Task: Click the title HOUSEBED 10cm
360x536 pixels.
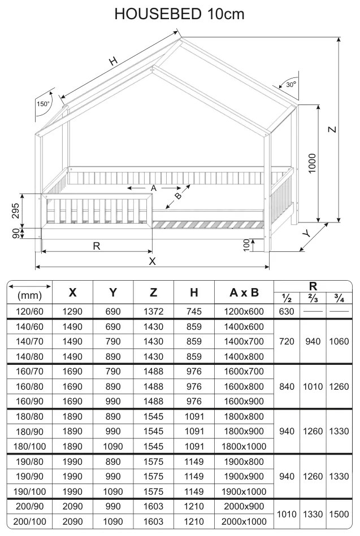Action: click(x=180, y=14)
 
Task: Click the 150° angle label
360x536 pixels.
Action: click(x=43, y=104)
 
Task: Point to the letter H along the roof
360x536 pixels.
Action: click(x=114, y=62)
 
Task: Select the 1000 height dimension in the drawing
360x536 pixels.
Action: click(x=312, y=163)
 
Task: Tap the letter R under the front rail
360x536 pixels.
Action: click(x=97, y=246)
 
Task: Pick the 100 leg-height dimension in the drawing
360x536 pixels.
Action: click(x=247, y=244)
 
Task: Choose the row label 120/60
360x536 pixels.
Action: click(x=29, y=311)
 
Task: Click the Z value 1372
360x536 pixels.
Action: click(x=154, y=311)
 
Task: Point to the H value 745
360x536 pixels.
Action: click(x=194, y=311)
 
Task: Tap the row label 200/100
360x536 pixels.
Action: click(x=29, y=521)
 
